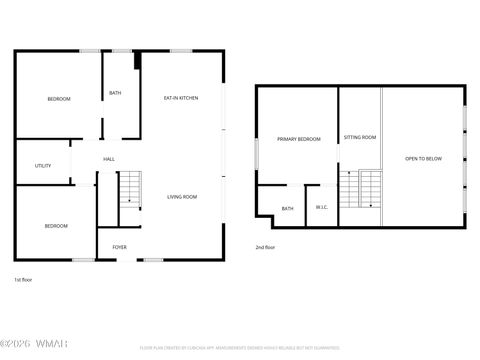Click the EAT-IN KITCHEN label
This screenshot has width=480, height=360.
(181, 98)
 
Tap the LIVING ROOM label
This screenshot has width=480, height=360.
(182, 197)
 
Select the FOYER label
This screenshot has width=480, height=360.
(119, 246)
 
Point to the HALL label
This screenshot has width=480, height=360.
(109, 159)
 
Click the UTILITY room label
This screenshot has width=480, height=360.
(43, 166)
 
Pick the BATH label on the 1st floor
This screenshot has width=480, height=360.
(115, 93)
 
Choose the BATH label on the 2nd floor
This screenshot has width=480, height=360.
(287, 208)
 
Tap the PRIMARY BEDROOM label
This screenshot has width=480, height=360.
(299, 139)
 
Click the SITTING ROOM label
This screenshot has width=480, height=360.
(359, 137)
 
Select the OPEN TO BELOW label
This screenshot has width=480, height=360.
(423, 158)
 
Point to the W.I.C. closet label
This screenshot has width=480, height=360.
(321, 208)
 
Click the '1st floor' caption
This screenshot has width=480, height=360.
(24, 280)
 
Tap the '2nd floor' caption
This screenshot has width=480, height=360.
(265, 247)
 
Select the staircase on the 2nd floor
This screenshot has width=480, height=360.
(370, 189)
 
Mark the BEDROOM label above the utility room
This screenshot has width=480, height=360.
(59, 98)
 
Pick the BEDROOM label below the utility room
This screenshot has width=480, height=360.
(56, 226)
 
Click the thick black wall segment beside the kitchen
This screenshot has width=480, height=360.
(137, 62)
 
